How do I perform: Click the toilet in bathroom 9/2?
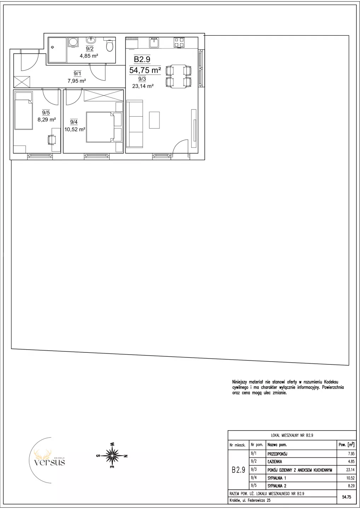click(110, 46)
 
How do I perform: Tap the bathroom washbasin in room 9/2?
click(91, 40)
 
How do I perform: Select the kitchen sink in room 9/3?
click(154, 42)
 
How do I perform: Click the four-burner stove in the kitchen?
click(179, 42)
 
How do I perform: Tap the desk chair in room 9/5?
click(52, 140)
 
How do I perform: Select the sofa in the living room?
click(135, 124)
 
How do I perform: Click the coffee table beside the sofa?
click(154, 120)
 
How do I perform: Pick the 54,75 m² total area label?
click(145, 70)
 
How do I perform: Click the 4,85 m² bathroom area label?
click(89, 56)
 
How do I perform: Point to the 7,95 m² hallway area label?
click(77, 81)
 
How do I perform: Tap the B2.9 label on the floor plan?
click(142, 59)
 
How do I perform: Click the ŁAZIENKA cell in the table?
click(275, 462)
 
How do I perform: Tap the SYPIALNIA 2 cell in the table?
click(277, 486)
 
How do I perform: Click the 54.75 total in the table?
click(347, 497)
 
